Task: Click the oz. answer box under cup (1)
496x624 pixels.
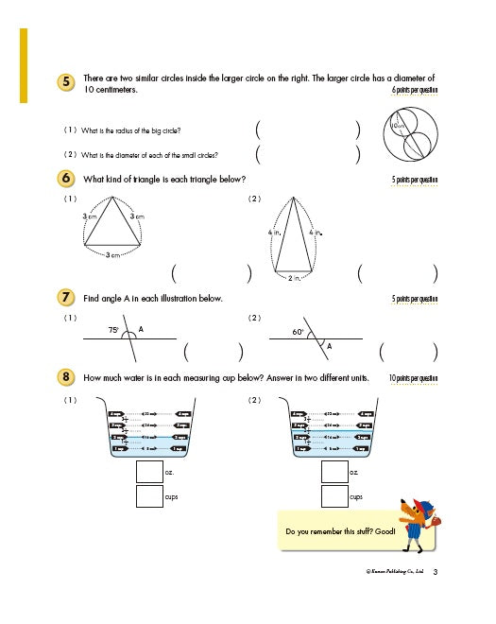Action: pos(148,471)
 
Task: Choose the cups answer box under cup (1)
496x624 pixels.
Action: pos(148,495)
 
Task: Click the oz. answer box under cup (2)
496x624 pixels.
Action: pos(334,471)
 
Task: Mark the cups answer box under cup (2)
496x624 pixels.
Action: pos(334,495)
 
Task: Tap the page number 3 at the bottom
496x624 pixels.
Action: pos(448,571)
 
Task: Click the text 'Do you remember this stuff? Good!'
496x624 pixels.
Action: pos(341,531)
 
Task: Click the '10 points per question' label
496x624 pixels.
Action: pos(413,378)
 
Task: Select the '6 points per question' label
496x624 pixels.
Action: pos(415,90)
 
